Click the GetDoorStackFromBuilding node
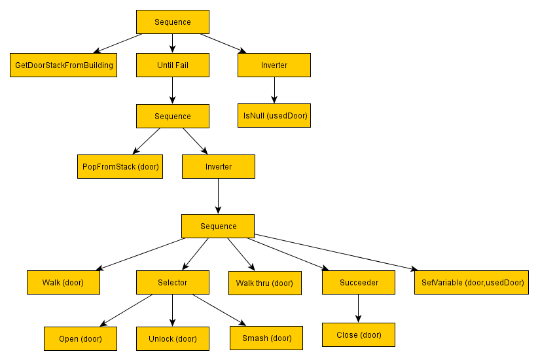[x=63, y=65]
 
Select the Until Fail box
[x=173, y=65]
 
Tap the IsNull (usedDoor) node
[x=274, y=115]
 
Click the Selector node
[x=173, y=283]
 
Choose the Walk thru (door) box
[x=264, y=283]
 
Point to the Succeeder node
[x=359, y=283]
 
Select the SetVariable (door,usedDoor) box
[x=471, y=283]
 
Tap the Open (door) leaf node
[x=81, y=338]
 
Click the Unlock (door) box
[x=173, y=338]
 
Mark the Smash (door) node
[x=266, y=338]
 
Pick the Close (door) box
[x=359, y=334]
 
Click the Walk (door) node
[x=63, y=283]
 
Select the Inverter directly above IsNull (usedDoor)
[x=274, y=65]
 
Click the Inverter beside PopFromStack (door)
[x=219, y=166]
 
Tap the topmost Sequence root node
[x=173, y=22]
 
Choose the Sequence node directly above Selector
[x=219, y=226]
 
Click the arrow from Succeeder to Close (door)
[x=359, y=308]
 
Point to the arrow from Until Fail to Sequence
[x=173, y=90]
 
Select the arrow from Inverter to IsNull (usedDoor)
[x=274, y=90]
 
